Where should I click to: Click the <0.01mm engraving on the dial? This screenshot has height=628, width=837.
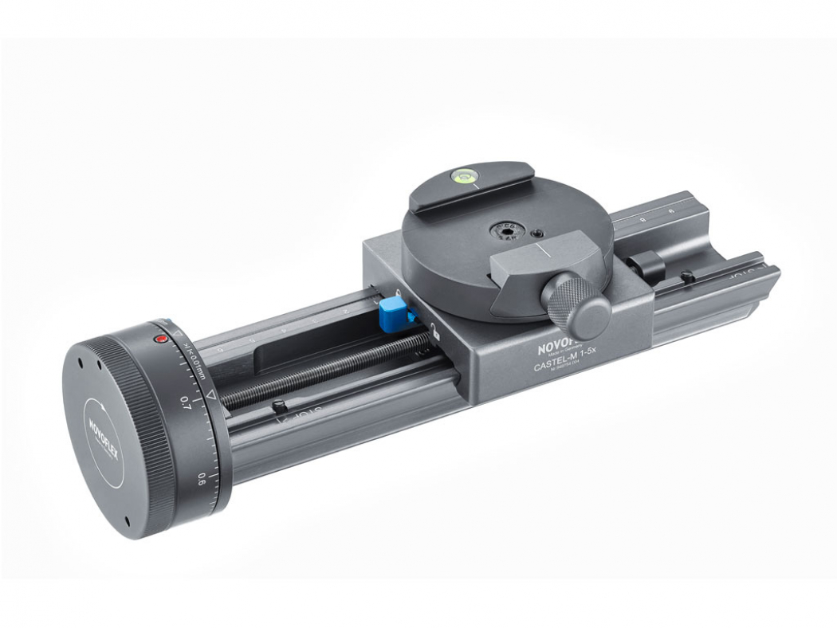click(195, 360)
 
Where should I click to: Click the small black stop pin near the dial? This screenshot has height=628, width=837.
click(278, 406)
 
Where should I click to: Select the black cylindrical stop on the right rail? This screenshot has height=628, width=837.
click(649, 263)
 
